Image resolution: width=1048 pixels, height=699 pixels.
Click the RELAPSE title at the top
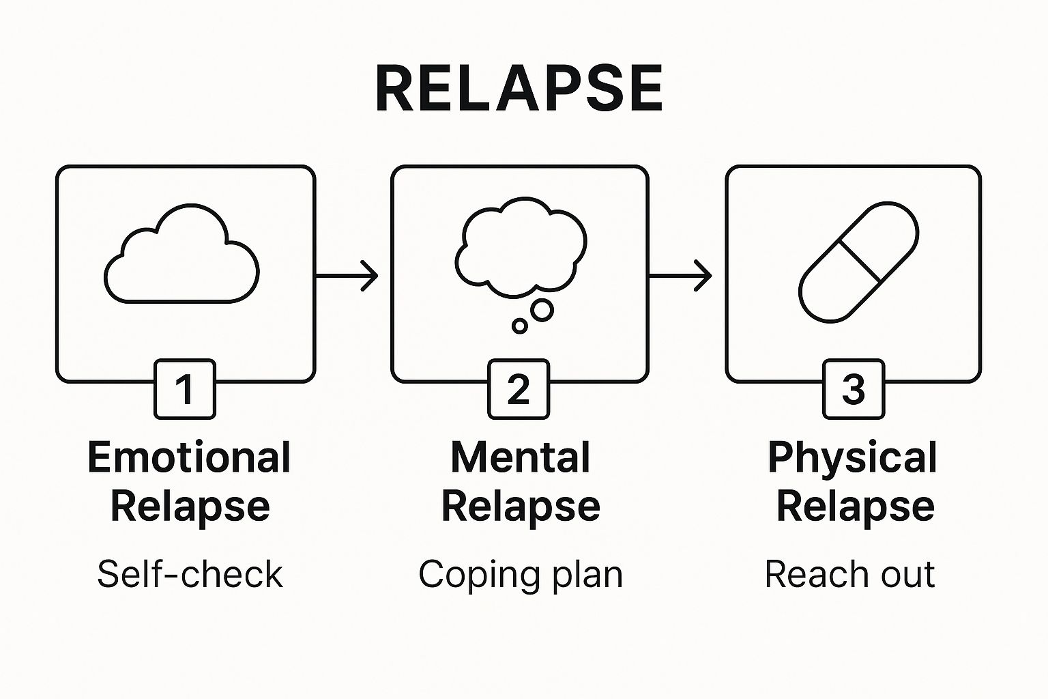(519, 89)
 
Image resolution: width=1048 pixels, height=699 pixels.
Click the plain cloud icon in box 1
(181, 256)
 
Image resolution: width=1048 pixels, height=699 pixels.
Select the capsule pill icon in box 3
(858, 261)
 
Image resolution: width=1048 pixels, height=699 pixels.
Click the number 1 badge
(185, 389)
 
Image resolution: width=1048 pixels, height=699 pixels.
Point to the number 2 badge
(519, 389)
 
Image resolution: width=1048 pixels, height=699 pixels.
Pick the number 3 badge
(854, 389)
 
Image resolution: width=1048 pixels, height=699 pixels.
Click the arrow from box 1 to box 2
(347, 276)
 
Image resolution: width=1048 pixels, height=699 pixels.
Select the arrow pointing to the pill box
(680, 276)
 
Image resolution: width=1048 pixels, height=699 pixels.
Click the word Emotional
(189, 457)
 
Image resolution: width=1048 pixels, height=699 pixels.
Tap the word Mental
(520, 457)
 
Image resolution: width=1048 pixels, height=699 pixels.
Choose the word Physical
(852, 457)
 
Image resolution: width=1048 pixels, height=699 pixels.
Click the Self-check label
(189, 574)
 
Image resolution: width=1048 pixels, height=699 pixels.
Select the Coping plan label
(521, 574)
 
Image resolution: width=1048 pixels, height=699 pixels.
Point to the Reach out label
(849, 574)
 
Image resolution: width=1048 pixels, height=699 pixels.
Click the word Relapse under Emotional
(190, 507)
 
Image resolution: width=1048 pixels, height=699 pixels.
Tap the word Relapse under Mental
(521, 507)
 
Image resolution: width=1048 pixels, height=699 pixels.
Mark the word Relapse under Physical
(855, 507)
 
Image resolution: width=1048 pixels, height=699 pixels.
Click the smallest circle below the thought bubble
(520, 326)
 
